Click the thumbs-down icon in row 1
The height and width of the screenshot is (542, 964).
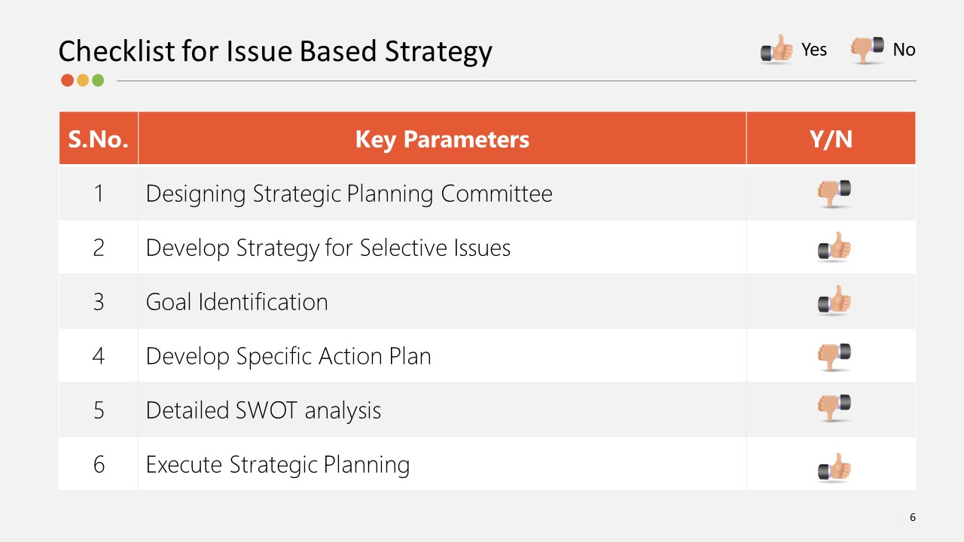834,193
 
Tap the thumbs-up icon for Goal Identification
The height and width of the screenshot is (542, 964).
834,302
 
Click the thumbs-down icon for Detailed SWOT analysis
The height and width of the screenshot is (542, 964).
834,407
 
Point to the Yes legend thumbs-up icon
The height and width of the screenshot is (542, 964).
776,50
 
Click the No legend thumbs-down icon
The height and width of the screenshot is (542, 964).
867,49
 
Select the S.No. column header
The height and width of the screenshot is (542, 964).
98,139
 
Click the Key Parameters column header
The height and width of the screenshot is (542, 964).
442,139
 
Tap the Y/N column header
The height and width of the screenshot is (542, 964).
831,139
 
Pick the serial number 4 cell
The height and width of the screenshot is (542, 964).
99,356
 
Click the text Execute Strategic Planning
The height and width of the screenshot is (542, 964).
277,464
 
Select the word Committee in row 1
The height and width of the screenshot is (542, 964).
496,193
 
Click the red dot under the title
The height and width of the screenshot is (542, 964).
67,80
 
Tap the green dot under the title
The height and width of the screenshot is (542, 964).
98,80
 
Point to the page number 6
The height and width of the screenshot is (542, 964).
913,517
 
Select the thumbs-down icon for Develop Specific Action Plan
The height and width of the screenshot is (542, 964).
834,355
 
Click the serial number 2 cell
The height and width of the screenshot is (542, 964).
99,248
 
